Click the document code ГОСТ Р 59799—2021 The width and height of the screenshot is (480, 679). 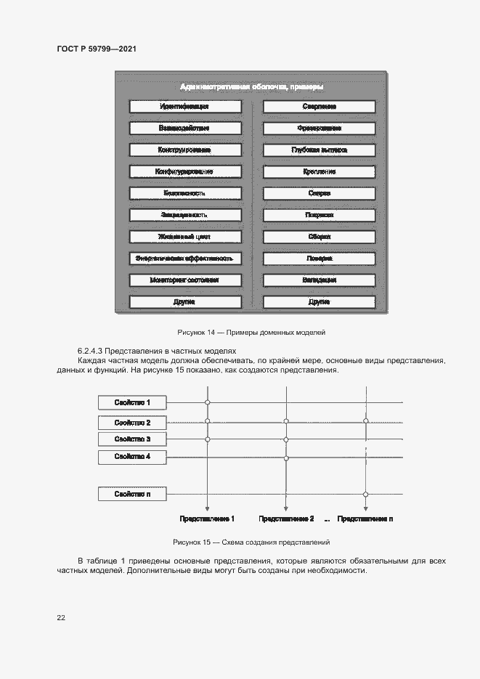click(97, 49)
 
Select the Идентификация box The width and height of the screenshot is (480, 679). click(184, 107)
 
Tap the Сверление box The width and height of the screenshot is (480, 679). click(319, 107)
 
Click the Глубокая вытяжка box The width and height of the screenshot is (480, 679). click(319, 150)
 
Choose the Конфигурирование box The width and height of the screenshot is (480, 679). click(184, 172)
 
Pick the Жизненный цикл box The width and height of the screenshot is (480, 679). click(184, 237)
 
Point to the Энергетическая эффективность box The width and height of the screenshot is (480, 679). click(184, 259)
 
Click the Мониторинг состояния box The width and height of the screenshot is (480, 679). click(184, 280)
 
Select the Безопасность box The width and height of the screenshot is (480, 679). click(184, 194)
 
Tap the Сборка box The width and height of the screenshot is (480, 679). click(319, 237)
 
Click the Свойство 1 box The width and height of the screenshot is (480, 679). click(132, 402)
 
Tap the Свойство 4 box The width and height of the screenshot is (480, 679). click(132, 457)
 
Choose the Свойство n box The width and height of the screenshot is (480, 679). click(132, 494)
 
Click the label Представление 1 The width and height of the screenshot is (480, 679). click(207, 519)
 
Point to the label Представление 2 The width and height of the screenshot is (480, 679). click(286, 519)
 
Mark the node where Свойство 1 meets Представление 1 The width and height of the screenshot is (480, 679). click(208, 402)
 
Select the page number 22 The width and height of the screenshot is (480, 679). click(61, 617)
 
